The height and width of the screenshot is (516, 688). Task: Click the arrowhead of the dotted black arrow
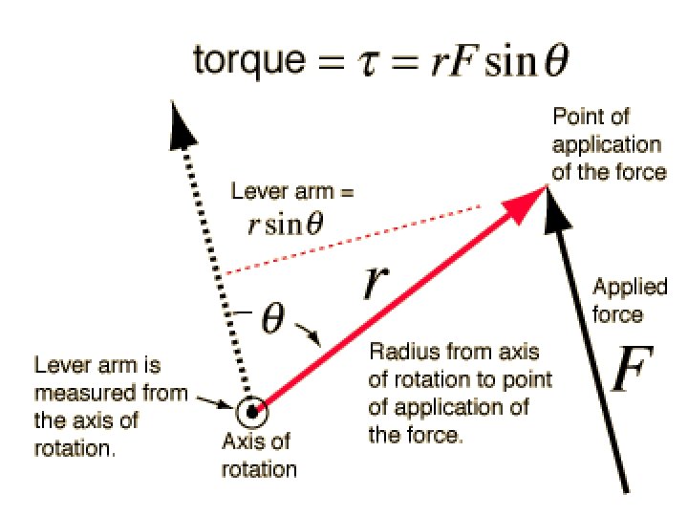179,123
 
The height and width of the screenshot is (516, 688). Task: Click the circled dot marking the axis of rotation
252,413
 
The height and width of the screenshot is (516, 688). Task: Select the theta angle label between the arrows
272,320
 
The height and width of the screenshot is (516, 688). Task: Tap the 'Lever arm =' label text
292,191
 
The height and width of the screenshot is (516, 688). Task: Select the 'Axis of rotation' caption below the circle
259,456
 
